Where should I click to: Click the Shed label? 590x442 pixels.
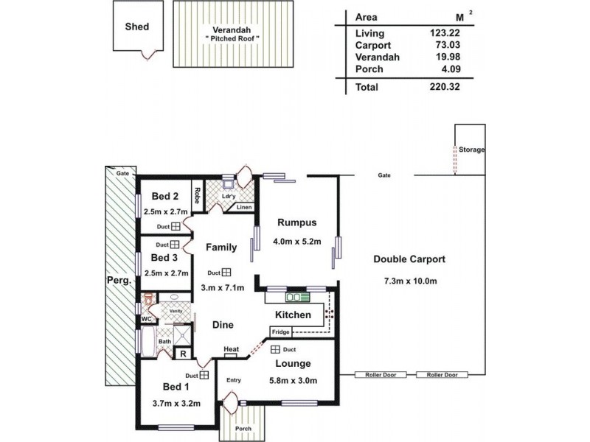click(x=137, y=27)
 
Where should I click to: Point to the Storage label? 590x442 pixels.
click(x=472, y=150)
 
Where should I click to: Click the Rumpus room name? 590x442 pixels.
click(x=297, y=222)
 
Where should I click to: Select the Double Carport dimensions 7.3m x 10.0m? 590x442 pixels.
click(x=411, y=281)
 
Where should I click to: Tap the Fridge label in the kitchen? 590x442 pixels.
click(x=280, y=332)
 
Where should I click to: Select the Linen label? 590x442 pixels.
click(x=244, y=208)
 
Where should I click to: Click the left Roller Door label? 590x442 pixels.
click(x=381, y=375)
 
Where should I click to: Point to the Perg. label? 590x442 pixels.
click(x=122, y=281)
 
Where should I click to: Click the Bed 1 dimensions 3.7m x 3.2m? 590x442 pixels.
click(x=171, y=403)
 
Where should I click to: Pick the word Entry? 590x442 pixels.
click(x=234, y=380)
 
